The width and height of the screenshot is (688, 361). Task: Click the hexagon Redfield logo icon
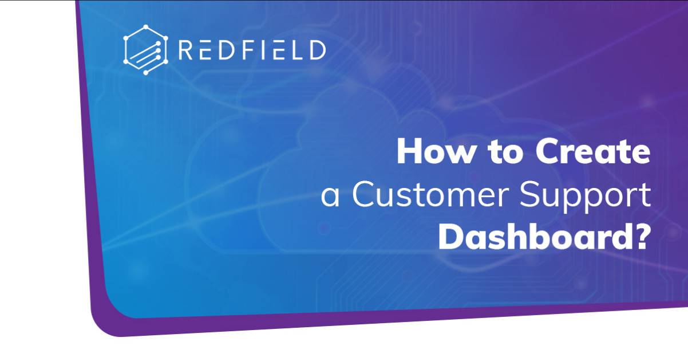click(x=145, y=50)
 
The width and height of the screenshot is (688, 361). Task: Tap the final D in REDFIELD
click(x=317, y=50)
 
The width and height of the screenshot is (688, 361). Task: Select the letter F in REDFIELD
click(x=250, y=50)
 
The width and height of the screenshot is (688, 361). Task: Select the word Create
click(x=592, y=152)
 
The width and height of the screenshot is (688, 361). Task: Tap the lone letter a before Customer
click(x=330, y=199)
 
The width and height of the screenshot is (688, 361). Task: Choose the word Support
click(x=585, y=197)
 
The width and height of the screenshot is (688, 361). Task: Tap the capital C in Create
click(x=548, y=151)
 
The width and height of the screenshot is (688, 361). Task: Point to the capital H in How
click(x=409, y=151)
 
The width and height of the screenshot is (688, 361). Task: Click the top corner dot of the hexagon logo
click(x=146, y=27)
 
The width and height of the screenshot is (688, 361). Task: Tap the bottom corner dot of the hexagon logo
click(x=146, y=73)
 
